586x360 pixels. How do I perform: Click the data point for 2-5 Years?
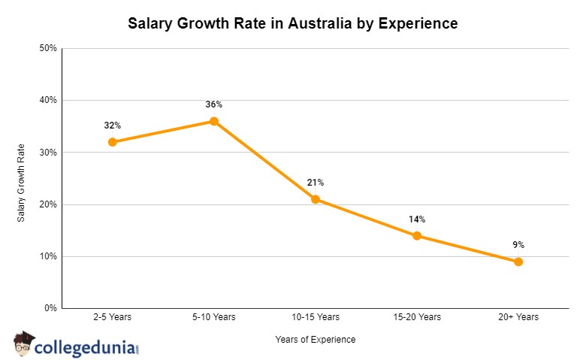point(113,142)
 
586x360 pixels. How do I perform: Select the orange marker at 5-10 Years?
point(214,121)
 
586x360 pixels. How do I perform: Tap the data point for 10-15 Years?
point(316,199)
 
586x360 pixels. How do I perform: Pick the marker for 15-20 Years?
point(417,236)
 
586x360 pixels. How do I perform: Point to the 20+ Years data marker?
point(518,262)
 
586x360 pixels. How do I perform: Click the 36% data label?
point(214,104)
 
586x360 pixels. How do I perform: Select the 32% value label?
point(113,126)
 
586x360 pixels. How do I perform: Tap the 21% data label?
point(316,183)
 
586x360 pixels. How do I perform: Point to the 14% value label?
point(417,219)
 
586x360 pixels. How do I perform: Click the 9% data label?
point(518,245)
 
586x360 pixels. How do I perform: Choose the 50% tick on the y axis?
point(48,48)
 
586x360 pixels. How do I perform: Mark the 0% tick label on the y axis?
point(50,308)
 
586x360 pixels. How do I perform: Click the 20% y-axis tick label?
point(48,204)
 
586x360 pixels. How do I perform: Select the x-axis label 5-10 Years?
point(214,317)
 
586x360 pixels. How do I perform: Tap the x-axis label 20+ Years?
point(518,317)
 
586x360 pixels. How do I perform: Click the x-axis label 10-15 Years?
point(316,317)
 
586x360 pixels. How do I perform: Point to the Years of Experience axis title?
point(316,340)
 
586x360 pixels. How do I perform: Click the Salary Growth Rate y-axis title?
point(22,182)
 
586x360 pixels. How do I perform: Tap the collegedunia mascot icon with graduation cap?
point(24,344)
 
